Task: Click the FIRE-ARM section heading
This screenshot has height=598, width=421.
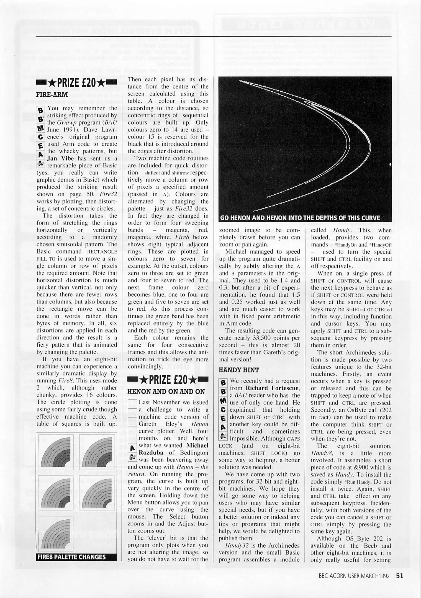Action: coord(52,94)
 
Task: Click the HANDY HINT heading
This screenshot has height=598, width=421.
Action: coord(239,370)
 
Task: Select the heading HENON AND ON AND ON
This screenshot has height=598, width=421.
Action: coord(166,391)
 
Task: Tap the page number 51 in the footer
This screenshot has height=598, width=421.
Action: coord(399,576)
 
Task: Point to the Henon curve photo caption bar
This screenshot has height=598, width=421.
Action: coord(300,218)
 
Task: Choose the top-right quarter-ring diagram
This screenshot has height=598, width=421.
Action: coord(97,451)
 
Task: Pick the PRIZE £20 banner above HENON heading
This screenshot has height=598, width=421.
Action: coord(168,379)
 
